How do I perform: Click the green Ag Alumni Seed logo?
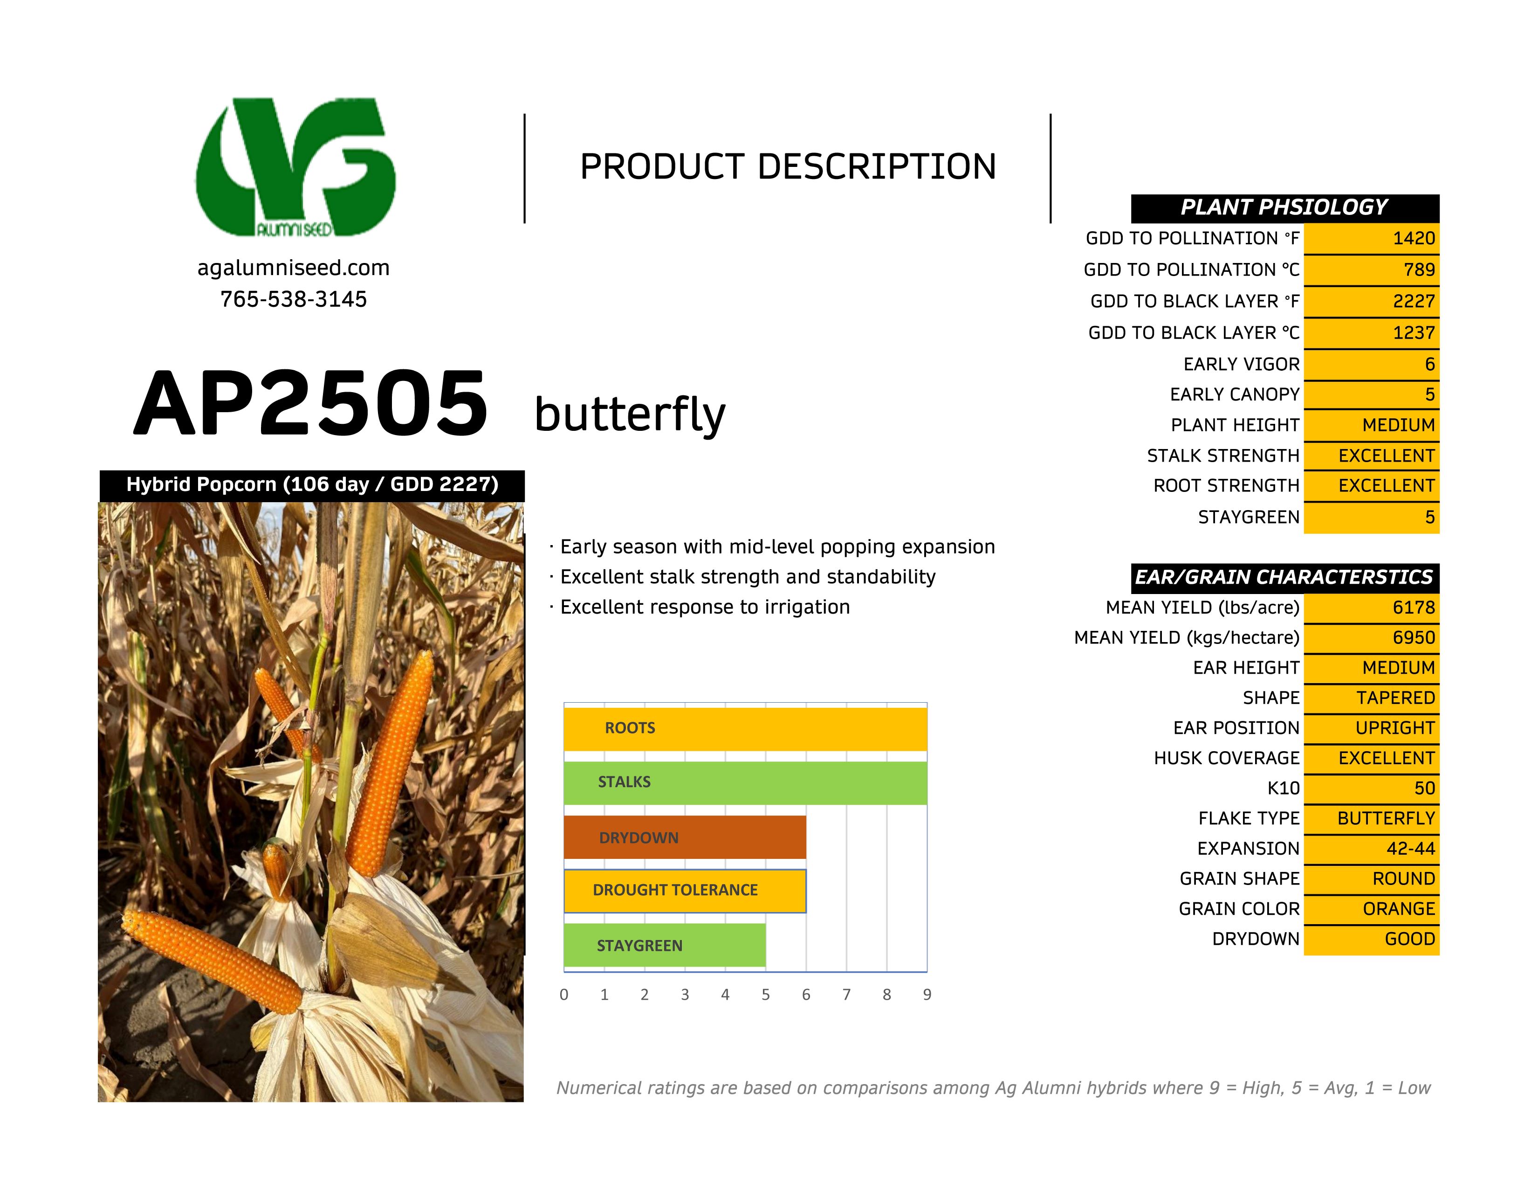(296, 167)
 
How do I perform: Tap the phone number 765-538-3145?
(293, 299)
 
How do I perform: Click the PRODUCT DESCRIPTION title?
(787, 167)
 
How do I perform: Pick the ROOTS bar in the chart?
(745, 728)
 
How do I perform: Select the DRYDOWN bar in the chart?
(685, 837)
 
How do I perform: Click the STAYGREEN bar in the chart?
(664, 945)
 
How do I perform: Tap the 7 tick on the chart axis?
(846, 995)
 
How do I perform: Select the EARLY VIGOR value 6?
(1429, 364)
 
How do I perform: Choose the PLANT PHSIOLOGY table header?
(1284, 208)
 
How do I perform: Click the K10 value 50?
(1424, 788)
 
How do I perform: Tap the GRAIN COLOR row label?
(1239, 909)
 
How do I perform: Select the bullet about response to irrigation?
(704, 607)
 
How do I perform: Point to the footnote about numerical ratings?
(993, 1088)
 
